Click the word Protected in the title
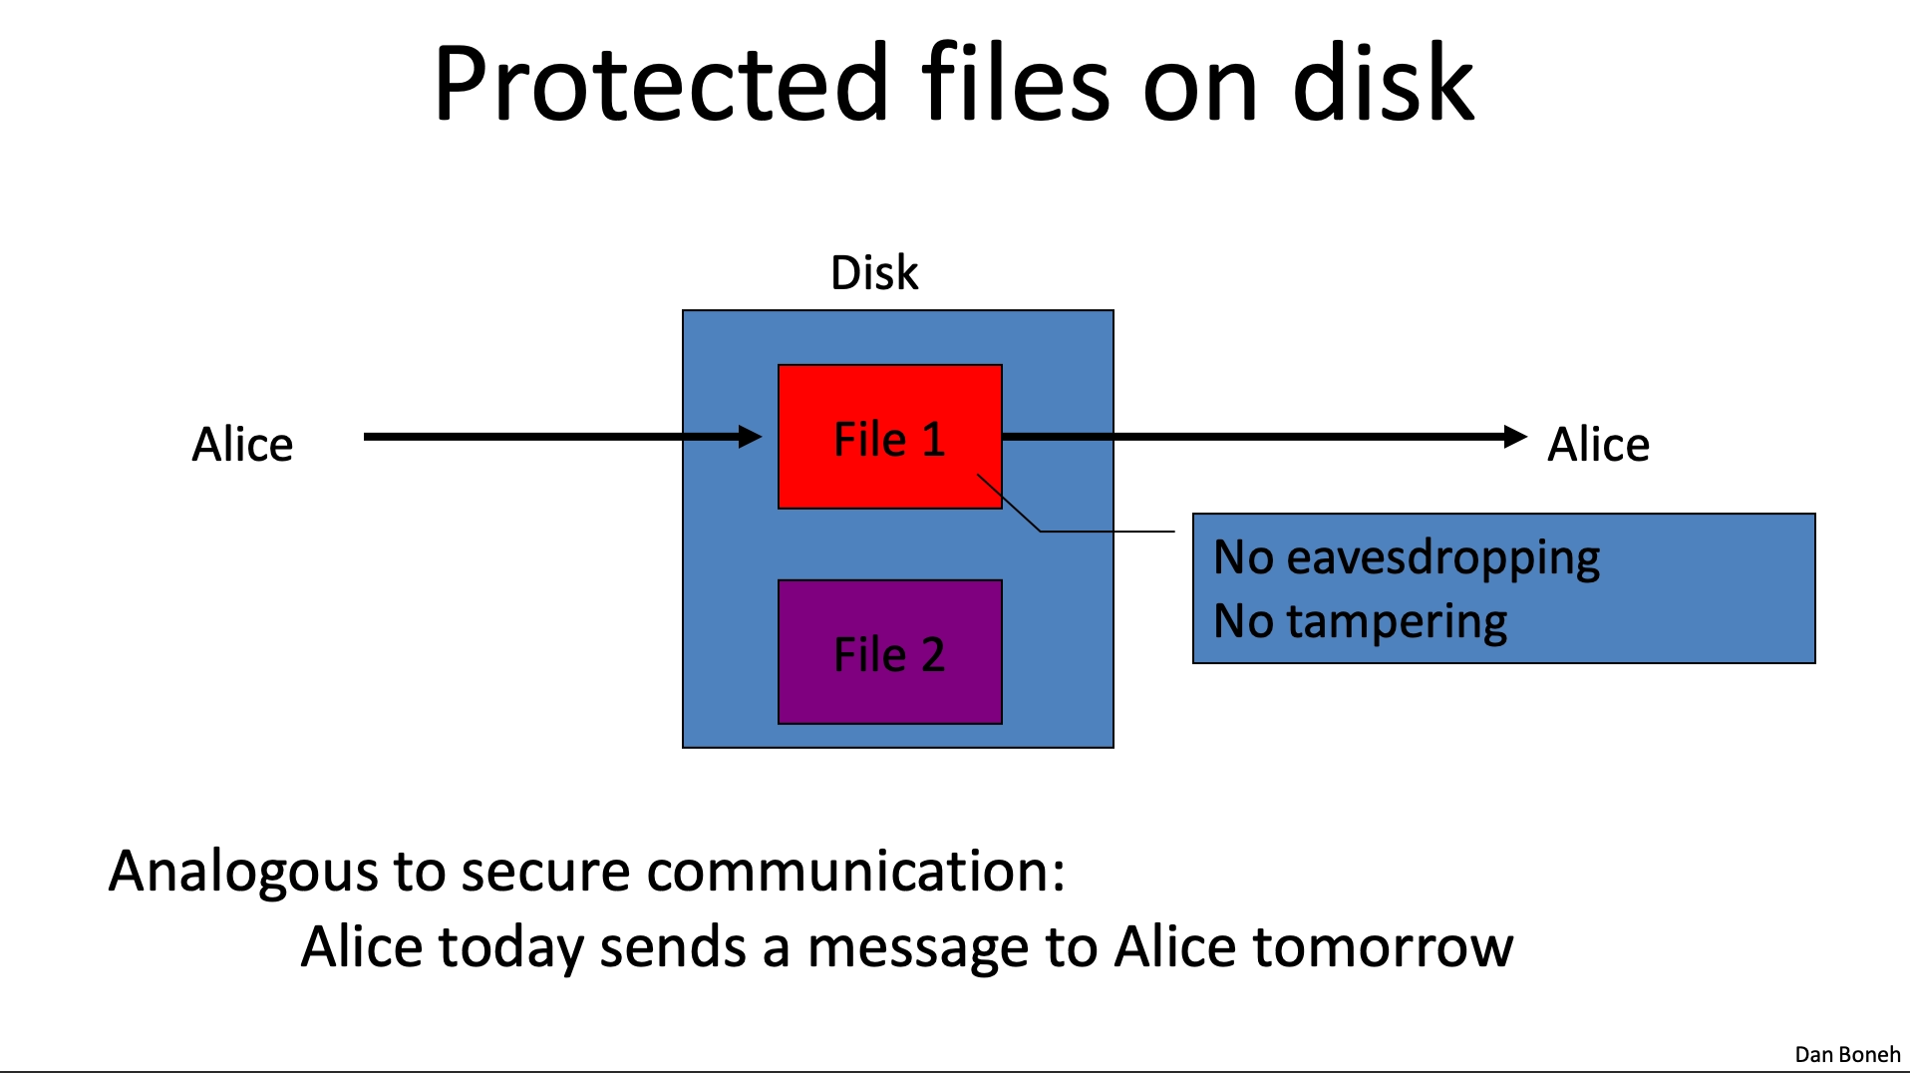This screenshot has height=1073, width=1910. [661, 84]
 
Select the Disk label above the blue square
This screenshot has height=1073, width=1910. [874, 272]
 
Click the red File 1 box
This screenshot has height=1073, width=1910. [890, 437]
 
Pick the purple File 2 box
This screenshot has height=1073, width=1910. [890, 652]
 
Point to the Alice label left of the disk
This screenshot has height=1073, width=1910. [242, 444]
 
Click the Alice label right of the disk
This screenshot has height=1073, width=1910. [1598, 444]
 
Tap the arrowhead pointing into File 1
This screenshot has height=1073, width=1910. [751, 436]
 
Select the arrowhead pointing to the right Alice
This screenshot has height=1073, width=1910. [1515, 436]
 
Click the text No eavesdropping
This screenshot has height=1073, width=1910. [1407, 557]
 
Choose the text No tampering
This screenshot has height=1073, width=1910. [1360, 621]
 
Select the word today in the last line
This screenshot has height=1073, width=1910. [510, 948]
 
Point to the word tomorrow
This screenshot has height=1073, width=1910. [1383, 947]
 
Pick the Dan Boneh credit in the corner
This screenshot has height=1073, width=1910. [1847, 1054]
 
